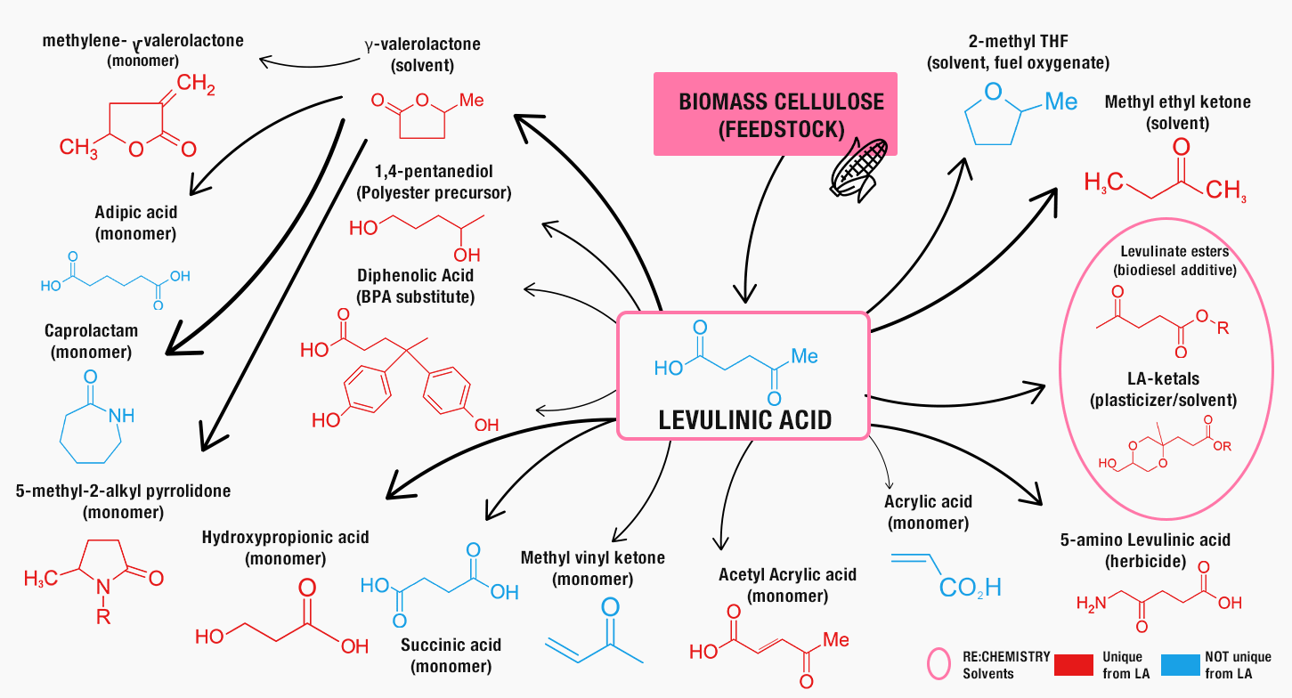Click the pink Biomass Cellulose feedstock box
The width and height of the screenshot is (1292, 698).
click(x=775, y=114)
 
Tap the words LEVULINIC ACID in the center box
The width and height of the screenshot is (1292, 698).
click(x=744, y=419)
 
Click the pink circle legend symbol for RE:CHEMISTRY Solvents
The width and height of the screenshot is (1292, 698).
click(x=940, y=664)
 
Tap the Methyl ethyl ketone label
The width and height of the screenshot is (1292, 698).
click(x=1177, y=112)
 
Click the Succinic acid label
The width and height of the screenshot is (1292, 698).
click(x=451, y=654)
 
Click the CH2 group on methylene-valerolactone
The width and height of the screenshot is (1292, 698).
click(x=196, y=85)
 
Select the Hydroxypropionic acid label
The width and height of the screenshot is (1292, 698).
click(x=285, y=548)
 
